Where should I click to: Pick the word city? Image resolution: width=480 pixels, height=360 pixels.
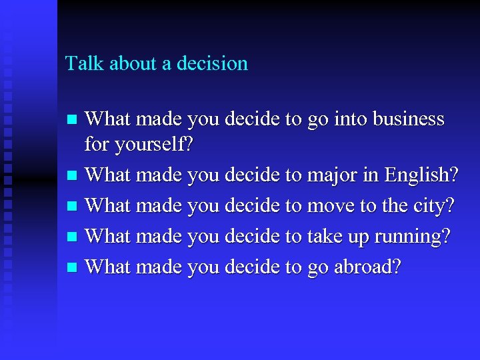point(433,207)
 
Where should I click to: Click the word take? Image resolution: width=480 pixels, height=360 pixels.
point(325,237)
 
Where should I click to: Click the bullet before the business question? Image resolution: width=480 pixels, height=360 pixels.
point(74,121)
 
